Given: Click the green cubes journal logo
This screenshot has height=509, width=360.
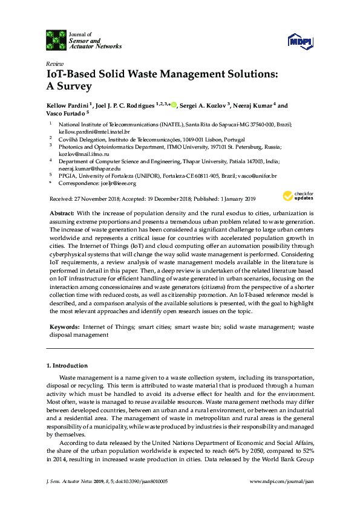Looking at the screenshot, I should pos(56,41).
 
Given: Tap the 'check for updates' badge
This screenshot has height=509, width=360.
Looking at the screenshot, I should pos(298,196).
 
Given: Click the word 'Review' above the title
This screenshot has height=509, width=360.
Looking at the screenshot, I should pos(54,63).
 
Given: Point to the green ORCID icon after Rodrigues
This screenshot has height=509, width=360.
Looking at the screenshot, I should pos(174,106).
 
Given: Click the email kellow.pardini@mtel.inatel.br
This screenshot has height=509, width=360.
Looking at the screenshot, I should pos(94,131).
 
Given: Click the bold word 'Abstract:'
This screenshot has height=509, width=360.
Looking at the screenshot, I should pos(61,214).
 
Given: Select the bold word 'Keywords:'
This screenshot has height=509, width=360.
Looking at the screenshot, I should pos(64,326).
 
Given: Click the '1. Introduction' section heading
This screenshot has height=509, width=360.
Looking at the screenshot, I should pos(67,366).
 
